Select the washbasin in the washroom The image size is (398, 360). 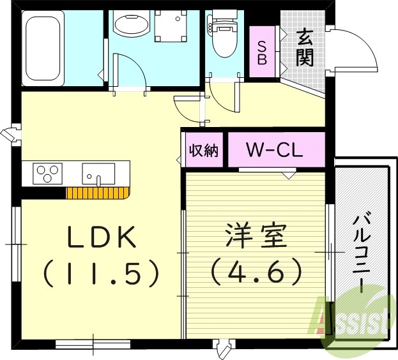pyautogui.click(x=131, y=24)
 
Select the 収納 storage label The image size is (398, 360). pyautogui.click(x=203, y=151)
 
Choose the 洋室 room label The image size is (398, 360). pyautogui.click(x=255, y=238)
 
